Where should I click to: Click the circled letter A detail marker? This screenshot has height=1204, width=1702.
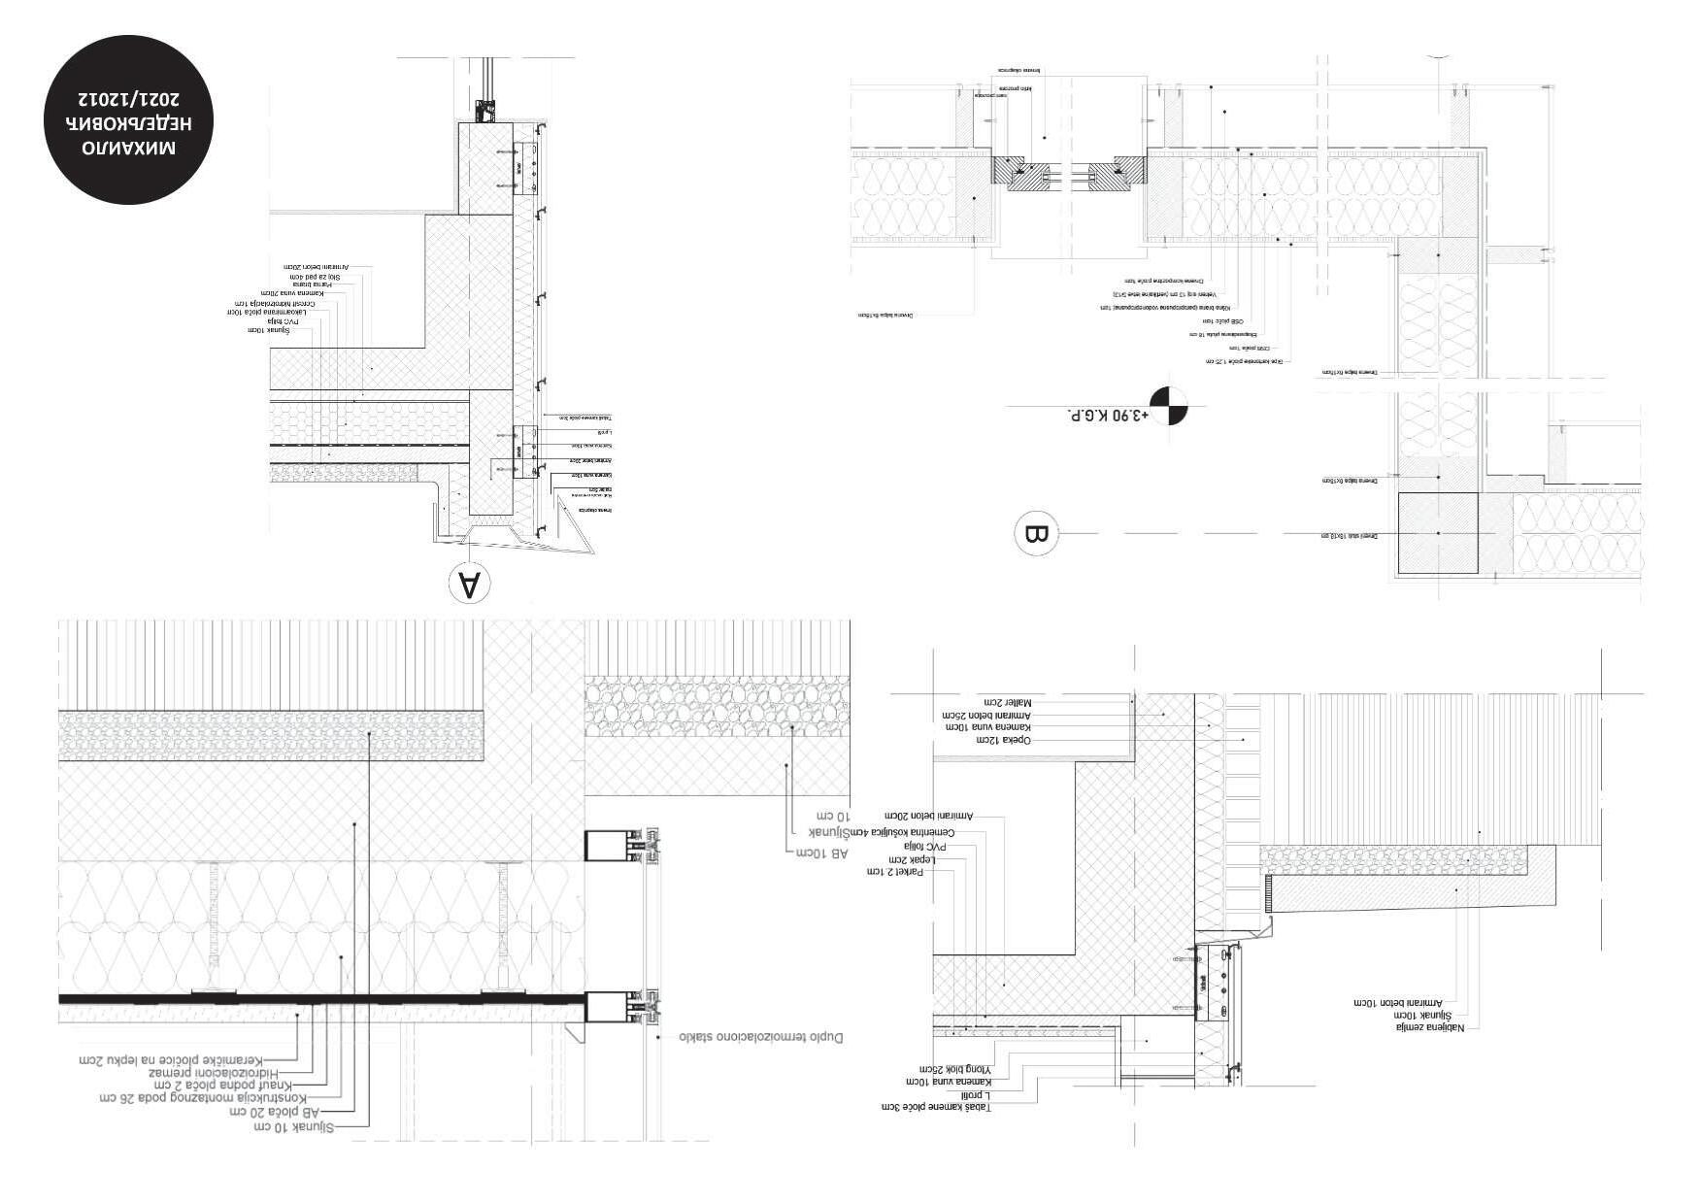(x=469, y=583)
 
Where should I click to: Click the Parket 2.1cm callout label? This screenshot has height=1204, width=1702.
(x=900, y=872)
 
